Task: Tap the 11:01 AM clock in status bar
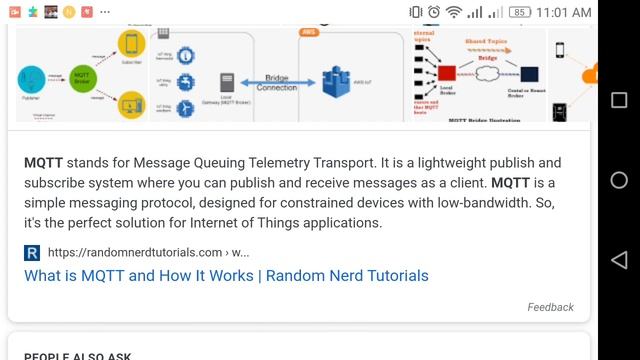tap(565, 12)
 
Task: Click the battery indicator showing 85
tap(520, 12)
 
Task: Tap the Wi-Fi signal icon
tap(454, 12)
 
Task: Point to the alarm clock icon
tap(434, 12)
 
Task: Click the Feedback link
tap(550, 307)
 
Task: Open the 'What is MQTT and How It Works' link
tap(226, 275)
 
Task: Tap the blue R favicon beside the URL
tap(32, 252)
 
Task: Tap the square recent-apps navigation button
tap(618, 100)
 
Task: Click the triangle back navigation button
tap(618, 259)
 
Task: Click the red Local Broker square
tap(446, 73)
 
